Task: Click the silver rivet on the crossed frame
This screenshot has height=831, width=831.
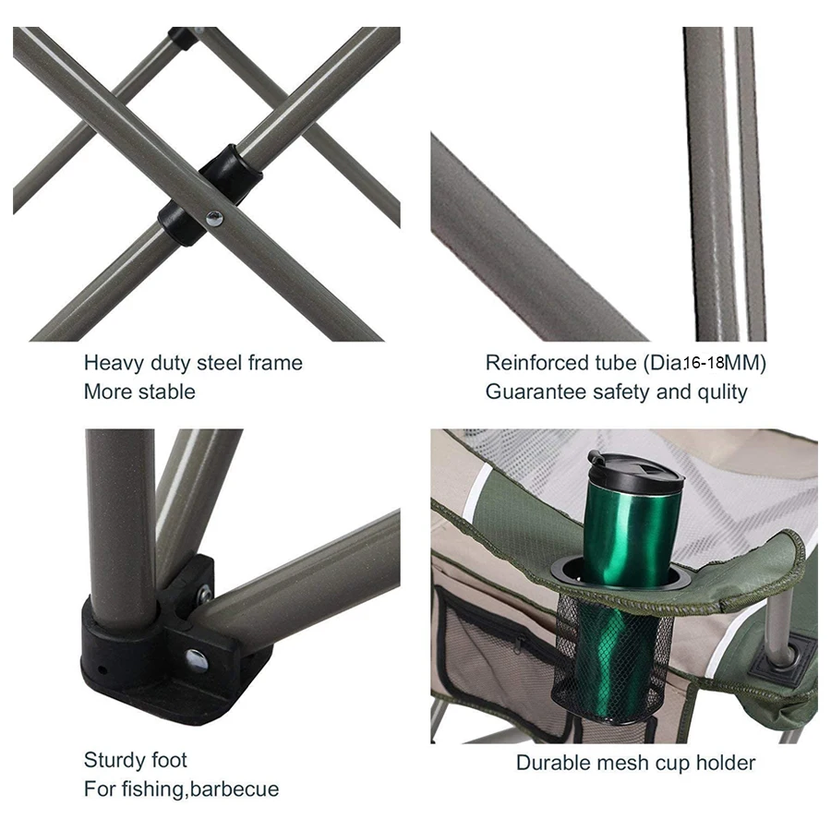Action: coord(214,218)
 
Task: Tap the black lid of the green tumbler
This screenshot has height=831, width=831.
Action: coord(636,471)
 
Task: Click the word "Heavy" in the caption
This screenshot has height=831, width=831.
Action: coord(114,364)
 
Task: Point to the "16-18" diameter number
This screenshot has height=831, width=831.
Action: coord(704,363)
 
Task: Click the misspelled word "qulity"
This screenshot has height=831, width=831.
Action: coord(722,392)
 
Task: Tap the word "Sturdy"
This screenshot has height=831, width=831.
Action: coord(114,761)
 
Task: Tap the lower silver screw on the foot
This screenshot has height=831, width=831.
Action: coord(197,660)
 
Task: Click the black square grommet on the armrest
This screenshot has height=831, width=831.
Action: coord(783,658)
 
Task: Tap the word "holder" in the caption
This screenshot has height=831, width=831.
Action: coord(726,764)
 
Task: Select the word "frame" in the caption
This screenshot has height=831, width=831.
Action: coord(275,363)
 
